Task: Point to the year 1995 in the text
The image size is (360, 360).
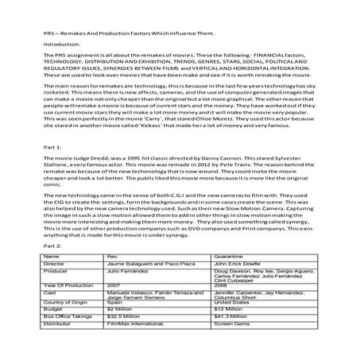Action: (x=120, y=161)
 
